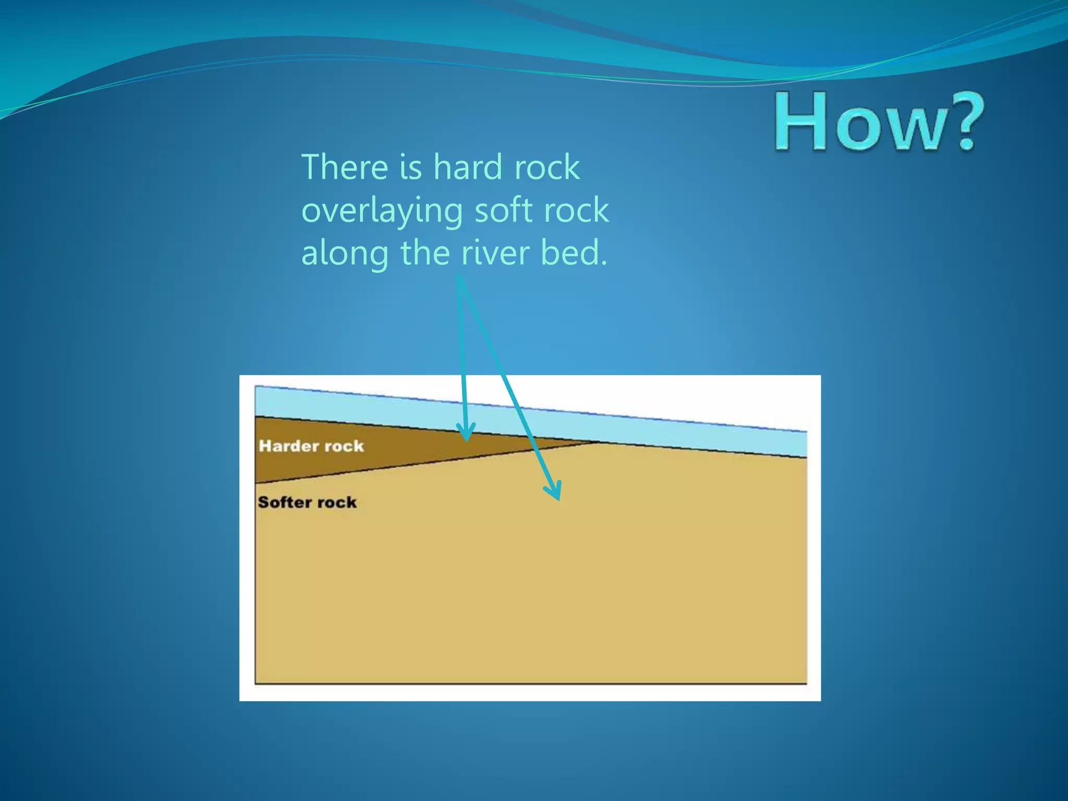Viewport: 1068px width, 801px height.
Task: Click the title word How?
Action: [x=879, y=123]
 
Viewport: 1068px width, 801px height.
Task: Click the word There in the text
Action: [x=345, y=167]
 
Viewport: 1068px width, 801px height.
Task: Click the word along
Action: [x=345, y=254]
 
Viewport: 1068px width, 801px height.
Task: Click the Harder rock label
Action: [x=311, y=446]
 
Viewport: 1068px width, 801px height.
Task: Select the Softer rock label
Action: [x=307, y=502]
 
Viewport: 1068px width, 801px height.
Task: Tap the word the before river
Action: [x=424, y=253]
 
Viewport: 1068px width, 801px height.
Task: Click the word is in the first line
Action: [x=410, y=167]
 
